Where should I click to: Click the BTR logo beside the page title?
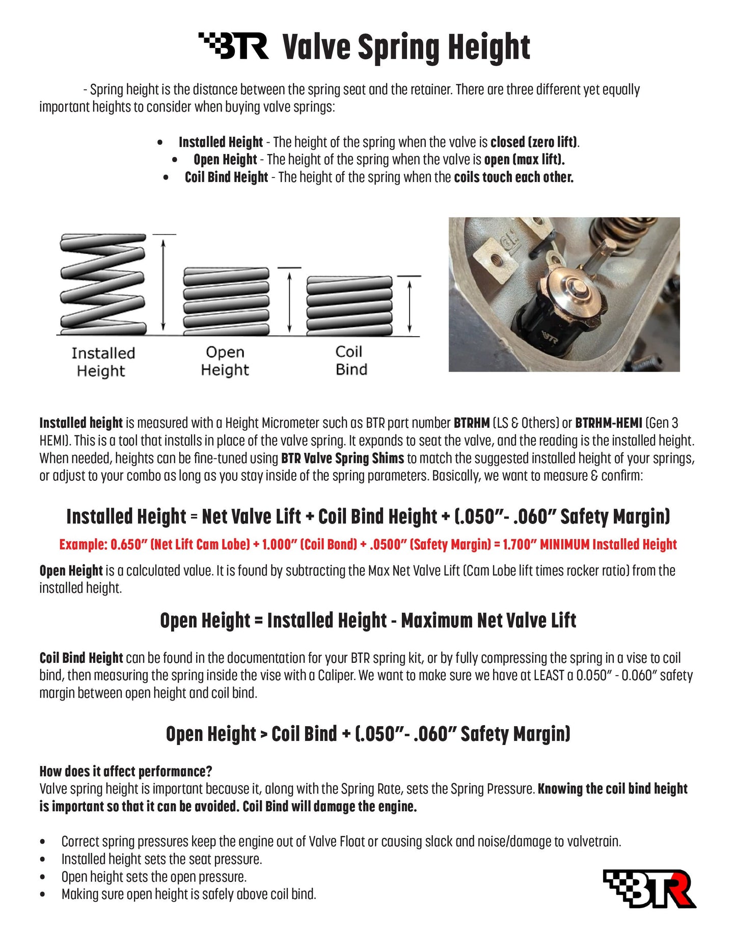[233, 46]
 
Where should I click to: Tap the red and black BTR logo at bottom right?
[650, 888]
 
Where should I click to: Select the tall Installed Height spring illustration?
[103, 285]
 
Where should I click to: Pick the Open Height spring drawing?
[226, 301]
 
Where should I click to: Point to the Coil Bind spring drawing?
[349, 305]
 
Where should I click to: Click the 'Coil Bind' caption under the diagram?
[351, 360]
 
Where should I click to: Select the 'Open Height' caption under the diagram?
[225, 361]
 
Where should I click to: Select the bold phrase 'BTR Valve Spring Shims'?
[342, 458]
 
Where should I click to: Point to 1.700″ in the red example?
[519, 545]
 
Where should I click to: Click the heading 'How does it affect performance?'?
[126, 771]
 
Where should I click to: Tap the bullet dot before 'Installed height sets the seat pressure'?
[42, 860]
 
